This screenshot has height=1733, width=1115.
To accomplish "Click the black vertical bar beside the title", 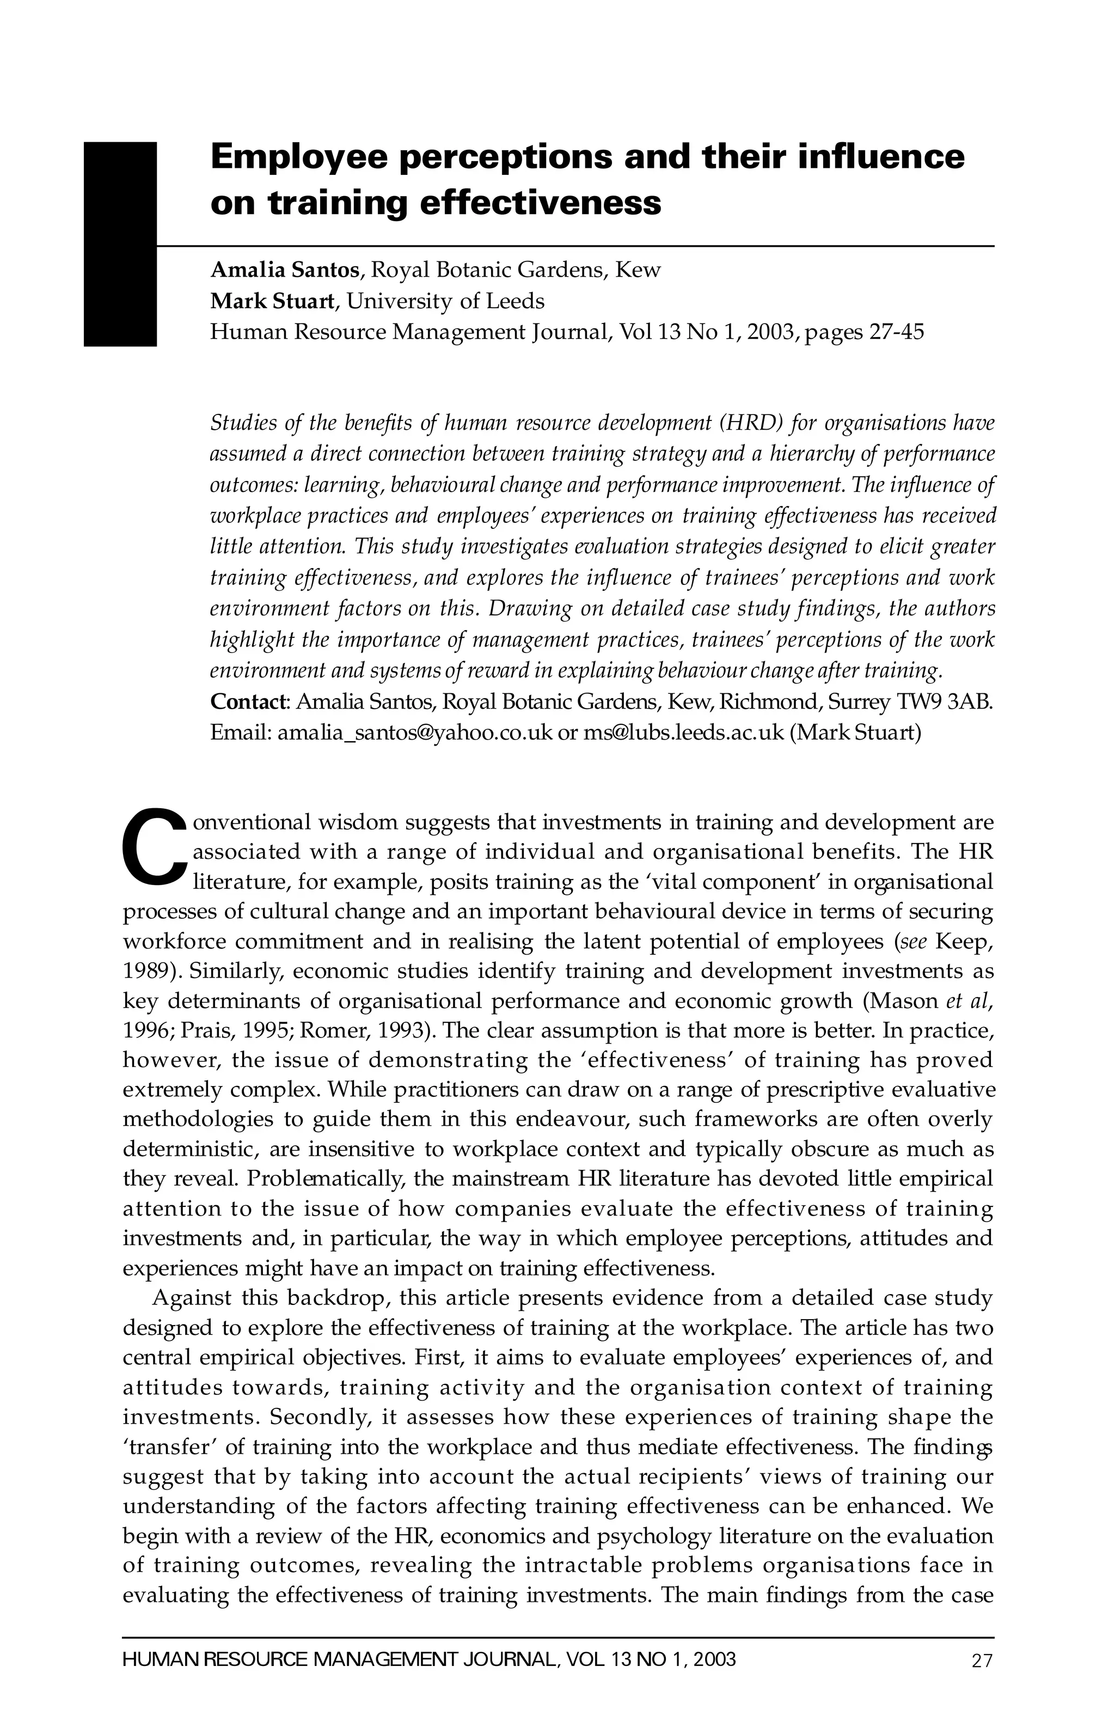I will [x=120, y=244].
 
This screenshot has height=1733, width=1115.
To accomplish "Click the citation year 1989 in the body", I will [x=149, y=971].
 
